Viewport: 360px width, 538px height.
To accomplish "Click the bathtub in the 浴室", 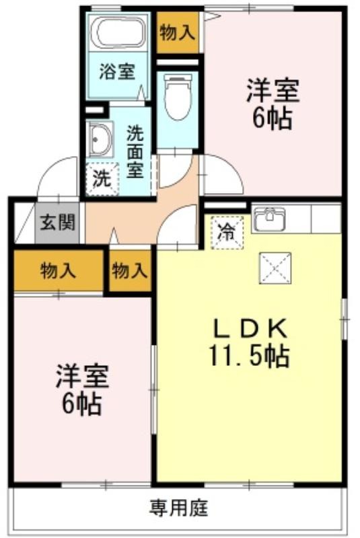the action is pyautogui.click(x=118, y=32).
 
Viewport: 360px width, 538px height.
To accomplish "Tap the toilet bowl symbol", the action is pyautogui.click(x=178, y=96).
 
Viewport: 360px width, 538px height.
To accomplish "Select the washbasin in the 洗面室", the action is pyautogui.click(x=100, y=140).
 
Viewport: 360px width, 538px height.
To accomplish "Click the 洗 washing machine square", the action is pyautogui.click(x=102, y=179).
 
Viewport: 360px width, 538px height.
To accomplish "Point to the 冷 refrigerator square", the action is pyautogui.click(x=227, y=232).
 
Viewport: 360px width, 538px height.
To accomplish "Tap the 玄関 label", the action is pyautogui.click(x=58, y=223).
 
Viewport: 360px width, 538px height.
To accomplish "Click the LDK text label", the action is pyautogui.click(x=250, y=329).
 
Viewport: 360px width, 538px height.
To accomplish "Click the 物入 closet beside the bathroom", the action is pyautogui.click(x=178, y=32).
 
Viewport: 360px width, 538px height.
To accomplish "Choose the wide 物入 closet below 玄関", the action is pyautogui.click(x=59, y=270).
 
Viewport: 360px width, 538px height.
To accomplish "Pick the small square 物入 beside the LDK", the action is pyautogui.click(x=130, y=270).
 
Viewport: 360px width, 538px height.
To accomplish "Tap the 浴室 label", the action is pyautogui.click(x=117, y=72).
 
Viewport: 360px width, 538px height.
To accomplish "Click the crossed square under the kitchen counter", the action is pyautogui.click(x=275, y=268).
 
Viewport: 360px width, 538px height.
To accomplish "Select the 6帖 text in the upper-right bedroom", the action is pyautogui.click(x=273, y=118).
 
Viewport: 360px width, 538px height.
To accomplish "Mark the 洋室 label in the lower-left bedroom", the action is pyautogui.click(x=82, y=377).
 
